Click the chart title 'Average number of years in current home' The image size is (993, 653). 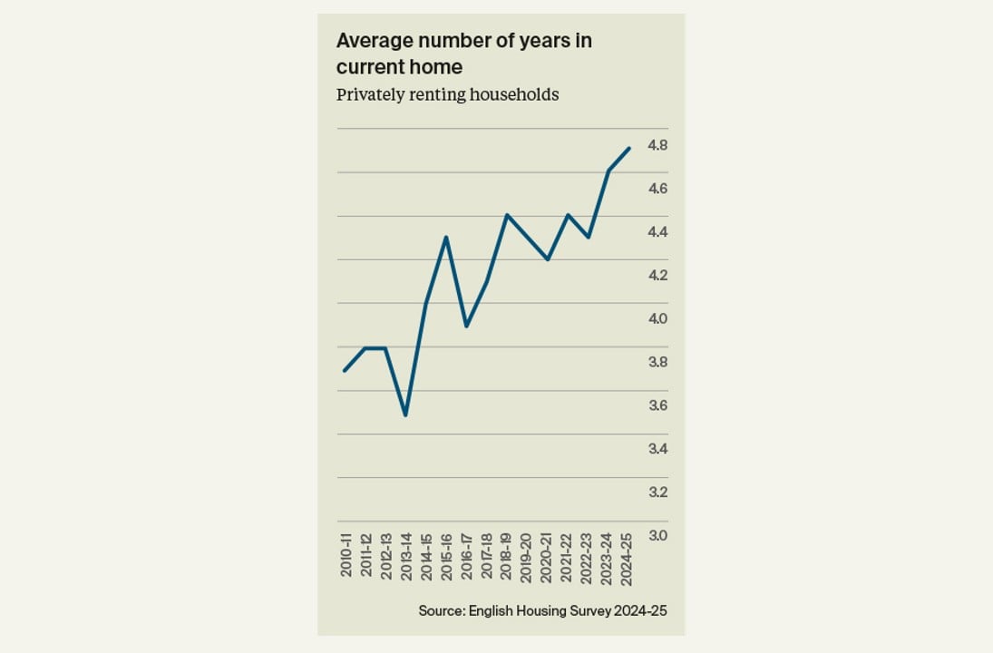tap(464, 54)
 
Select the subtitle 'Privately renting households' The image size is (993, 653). tap(447, 94)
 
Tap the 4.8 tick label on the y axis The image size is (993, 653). tap(657, 145)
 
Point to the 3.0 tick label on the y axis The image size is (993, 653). tap(657, 536)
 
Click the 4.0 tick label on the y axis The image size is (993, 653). tap(657, 319)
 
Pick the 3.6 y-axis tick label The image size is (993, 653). tap(657, 405)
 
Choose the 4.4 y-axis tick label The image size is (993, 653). tap(657, 232)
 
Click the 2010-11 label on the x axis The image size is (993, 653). tap(346, 556)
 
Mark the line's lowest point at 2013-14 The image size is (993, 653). tap(405, 415)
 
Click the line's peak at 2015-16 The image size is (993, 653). tap(446, 237)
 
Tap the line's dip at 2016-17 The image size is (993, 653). tap(466, 326)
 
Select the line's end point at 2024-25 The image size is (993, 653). tap(628, 148)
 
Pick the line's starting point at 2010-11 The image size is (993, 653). tap(345, 370)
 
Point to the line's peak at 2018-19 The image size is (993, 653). tap(507, 215)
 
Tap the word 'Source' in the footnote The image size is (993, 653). tap(440, 611)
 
